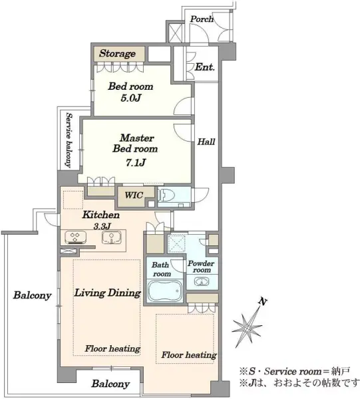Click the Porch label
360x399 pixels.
pos(202,19)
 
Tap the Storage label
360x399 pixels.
pos(117,53)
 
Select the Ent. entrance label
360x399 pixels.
pos(205,67)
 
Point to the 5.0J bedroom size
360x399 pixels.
pos(131,98)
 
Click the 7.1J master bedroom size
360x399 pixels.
pos(136,163)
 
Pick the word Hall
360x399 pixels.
pos(206,142)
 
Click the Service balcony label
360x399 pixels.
pos(69,140)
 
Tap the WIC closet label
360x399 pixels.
pos(134,196)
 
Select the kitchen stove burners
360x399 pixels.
pos(75,237)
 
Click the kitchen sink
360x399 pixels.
pos(112,237)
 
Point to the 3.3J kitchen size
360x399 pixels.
pos(102,226)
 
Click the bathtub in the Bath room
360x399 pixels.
pos(165,291)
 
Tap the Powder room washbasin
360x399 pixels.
pos(202,281)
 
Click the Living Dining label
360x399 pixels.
pos(107,293)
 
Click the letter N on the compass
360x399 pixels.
pos(262,302)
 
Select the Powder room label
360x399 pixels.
pos(201,267)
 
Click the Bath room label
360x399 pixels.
pos(161,269)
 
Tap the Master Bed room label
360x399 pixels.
pos(136,143)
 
